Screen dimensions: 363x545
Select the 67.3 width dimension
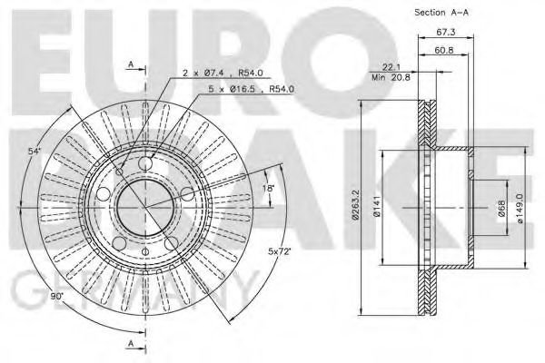445,32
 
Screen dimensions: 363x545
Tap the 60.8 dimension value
445,51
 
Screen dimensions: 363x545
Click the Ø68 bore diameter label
501,211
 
